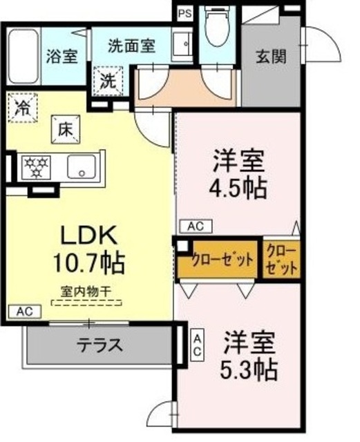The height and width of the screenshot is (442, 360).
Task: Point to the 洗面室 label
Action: coord(131,46)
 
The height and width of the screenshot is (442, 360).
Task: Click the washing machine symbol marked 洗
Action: coord(108,79)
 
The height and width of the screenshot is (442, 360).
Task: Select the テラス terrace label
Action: coord(100,344)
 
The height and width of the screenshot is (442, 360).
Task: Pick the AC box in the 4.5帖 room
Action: coord(196,226)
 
